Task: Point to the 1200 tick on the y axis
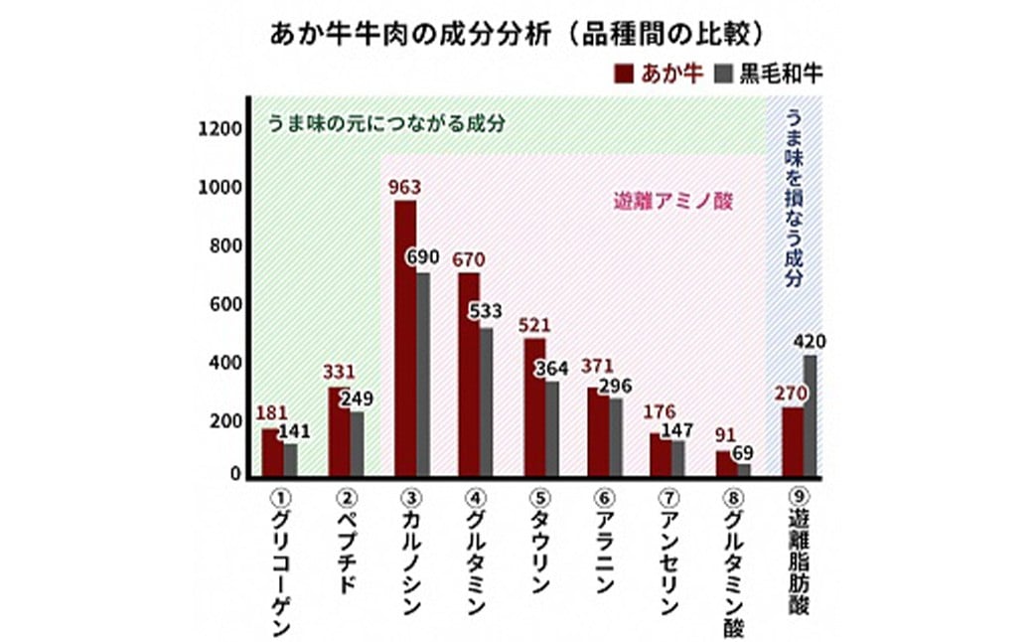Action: tap(218, 128)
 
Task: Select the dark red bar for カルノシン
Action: tap(405, 339)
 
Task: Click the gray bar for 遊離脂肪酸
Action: tap(812, 416)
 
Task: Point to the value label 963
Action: tap(405, 187)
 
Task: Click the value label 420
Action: tap(811, 343)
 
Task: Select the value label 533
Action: tap(487, 311)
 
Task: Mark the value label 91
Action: tap(725, 433)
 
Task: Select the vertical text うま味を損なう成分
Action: tap(795, 198)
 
